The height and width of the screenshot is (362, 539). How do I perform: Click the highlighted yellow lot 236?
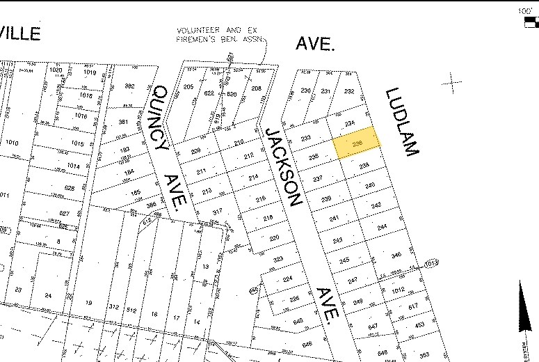click(358, 143)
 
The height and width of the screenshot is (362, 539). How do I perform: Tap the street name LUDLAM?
click(402, 122)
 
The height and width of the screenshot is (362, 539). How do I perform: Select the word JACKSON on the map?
click(284, 168)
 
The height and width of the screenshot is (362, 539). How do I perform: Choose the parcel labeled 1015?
click(77, 144)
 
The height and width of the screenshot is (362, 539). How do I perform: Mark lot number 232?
click(349, 91)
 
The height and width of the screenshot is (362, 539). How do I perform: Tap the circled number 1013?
click(431, 263)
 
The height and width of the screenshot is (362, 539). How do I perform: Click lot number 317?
click(218, 212)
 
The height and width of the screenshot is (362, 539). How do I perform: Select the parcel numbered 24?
click(48, 296)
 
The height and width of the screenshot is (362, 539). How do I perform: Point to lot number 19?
click(88, 304)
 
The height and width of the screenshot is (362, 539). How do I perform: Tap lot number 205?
click(188, 87)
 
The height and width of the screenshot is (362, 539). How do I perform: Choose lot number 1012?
click(397, 290)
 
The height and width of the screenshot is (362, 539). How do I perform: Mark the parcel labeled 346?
click(396, 255)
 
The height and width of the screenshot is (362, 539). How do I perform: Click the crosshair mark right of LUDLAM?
click(453, 84)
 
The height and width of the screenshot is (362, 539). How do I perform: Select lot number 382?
click(129, 86)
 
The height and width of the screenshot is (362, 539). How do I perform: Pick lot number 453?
click(419, 324)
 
